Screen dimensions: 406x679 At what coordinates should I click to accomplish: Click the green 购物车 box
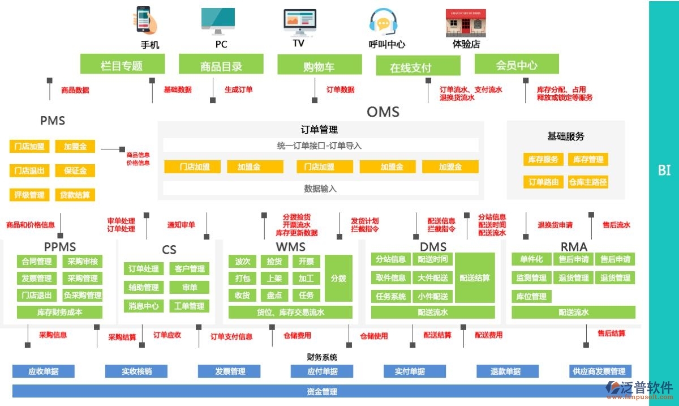tap(319, 65)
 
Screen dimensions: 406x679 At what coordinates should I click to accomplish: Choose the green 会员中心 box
tap(516, 65)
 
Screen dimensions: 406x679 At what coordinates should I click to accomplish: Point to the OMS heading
tap(383, 112)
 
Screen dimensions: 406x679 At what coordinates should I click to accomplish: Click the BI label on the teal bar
tap(664, 170)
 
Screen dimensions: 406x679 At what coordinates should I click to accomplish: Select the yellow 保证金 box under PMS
tap(75, 170)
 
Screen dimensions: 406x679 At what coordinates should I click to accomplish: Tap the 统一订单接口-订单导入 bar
tap(320, 146)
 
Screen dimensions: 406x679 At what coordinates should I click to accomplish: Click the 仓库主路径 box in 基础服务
tap(588, 182)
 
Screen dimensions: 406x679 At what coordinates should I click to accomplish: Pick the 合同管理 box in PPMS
tap(37, 262)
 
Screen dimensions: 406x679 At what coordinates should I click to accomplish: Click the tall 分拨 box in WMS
tap(338, 278)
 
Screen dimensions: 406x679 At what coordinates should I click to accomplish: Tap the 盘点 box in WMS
tap(274, 295)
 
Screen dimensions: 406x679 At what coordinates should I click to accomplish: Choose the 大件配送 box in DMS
tap(433, 278)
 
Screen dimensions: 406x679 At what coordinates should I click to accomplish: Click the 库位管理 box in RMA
tap(531, 296)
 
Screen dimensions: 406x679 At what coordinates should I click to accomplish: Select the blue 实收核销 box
tap(136, 371)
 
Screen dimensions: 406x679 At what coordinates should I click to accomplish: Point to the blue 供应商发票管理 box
tap(599, 371)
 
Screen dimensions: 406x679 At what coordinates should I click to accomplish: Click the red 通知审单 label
tap(181, 225)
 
